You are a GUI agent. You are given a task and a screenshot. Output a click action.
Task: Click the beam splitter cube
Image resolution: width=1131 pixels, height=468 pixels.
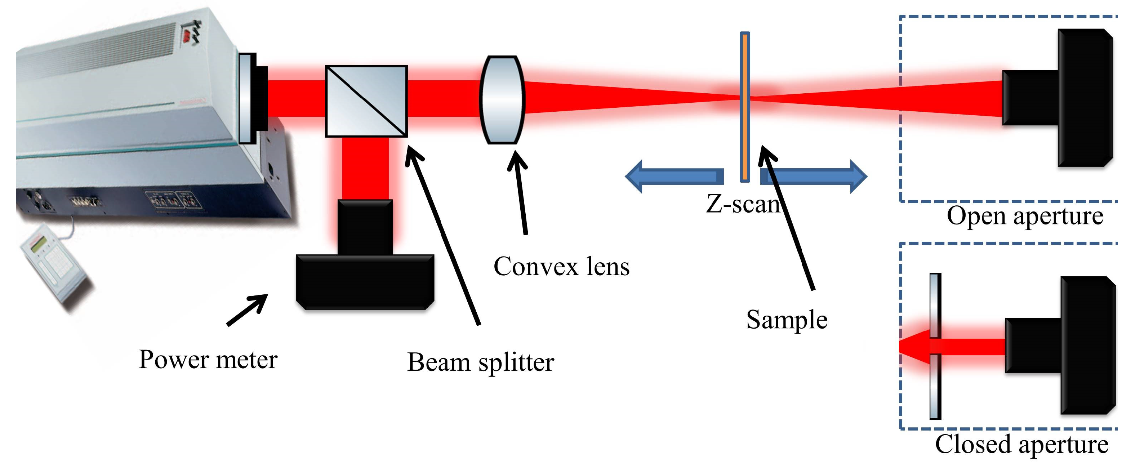pos(366,101)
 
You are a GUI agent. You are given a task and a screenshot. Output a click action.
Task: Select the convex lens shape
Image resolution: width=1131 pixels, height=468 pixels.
pos(502,100)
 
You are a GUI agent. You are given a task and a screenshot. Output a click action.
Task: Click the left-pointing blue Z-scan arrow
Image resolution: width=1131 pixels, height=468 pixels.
pos(674,176)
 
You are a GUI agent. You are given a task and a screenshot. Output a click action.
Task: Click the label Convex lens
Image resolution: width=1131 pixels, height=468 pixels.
pos(561,267)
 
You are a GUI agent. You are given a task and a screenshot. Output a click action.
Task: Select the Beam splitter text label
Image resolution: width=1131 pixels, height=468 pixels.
pos(480,363)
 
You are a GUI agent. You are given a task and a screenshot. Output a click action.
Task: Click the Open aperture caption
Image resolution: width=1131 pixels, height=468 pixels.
pos(1024,217)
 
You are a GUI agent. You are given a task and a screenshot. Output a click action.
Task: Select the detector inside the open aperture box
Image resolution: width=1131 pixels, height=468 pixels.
pos(1071,98)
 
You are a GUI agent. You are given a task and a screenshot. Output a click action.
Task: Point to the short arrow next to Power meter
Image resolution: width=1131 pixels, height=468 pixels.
pos(247,310)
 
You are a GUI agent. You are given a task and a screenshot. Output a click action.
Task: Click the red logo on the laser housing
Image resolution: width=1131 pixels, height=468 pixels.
pos(190,35)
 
